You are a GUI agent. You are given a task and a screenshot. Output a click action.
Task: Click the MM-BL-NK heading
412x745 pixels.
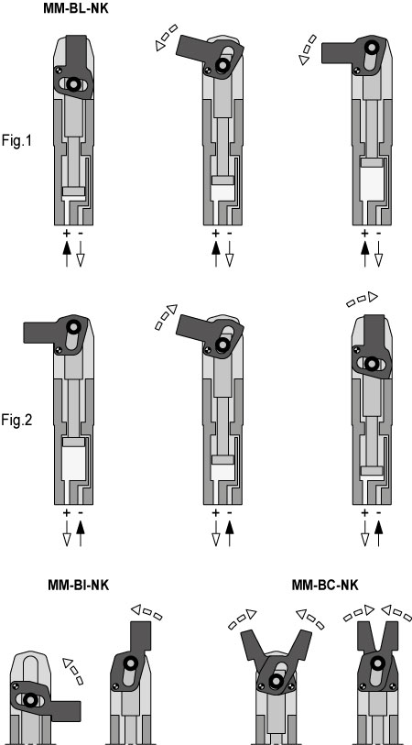[x=75, y=7]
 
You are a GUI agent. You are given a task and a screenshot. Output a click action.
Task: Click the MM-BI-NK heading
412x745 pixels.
[x=79, y=585]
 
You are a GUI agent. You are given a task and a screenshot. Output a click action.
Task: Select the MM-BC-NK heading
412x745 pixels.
[x=325, y=585]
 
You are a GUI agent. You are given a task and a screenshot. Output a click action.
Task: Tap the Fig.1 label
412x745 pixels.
[x=16, y=140]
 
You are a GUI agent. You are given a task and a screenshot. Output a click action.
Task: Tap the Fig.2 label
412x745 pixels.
[x=16, y=421]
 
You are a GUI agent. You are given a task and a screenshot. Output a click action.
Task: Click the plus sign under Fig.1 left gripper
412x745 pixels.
[x=67, y=234]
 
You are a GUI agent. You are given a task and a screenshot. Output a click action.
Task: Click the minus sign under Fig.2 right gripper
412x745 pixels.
[x=378, y=513]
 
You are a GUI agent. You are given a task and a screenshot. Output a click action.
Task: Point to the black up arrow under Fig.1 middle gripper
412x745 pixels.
[x=216, y=254]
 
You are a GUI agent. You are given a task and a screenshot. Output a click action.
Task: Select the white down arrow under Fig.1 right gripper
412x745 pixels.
[x=378, y=254]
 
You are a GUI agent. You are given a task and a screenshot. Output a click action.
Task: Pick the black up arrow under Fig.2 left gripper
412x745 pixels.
[x=81, y=533]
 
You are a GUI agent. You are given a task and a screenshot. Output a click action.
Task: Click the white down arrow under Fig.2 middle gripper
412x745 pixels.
[x=216, y=533]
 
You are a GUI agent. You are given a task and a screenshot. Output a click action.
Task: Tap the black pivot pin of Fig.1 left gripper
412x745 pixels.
[x=73, y=84]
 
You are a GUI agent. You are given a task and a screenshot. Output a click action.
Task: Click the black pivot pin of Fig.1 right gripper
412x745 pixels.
[x=371, y=46]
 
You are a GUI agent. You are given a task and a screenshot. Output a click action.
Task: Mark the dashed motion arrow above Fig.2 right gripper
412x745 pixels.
[x=362, y=299]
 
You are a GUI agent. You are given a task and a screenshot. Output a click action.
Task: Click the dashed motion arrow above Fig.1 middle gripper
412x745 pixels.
[x=166, y=37]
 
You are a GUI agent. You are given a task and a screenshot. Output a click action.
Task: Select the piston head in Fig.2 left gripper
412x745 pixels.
[x=73, y=442]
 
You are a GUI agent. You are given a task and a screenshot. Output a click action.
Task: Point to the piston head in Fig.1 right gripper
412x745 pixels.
[x=372, y=162]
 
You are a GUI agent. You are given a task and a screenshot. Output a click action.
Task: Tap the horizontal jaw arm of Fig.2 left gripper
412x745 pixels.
[x=40, y=332]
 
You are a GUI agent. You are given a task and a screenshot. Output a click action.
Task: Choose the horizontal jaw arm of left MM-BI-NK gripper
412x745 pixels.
[x=64, y=711]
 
